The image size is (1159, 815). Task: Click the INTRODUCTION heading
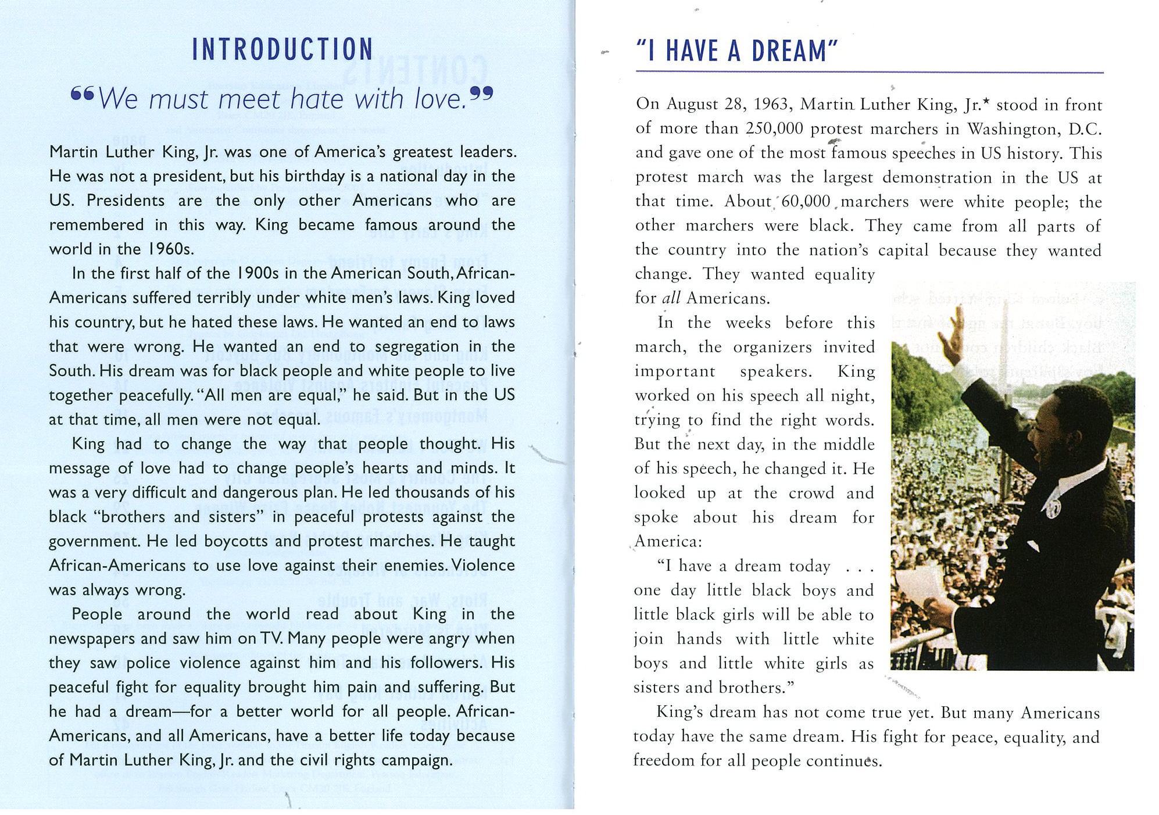click(x=282, y=49)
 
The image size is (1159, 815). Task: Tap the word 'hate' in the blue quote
click(x=317, y=99)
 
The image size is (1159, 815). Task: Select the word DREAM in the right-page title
click(x=788, y=51)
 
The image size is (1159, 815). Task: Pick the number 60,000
click(x=806, y=202)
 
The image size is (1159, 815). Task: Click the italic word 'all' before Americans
click(x=671, y=298)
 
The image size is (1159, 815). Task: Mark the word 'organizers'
click(x=772, y=347)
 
